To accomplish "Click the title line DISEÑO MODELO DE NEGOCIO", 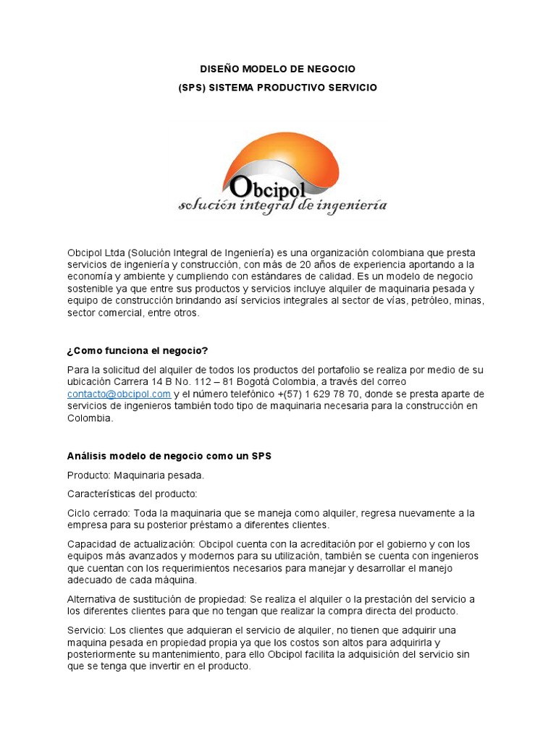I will (x=277, y=69).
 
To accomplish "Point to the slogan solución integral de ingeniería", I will (x=282, y=206).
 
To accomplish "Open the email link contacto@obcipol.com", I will (x=119, y=394).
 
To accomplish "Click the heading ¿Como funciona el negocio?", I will (x=137, y=351).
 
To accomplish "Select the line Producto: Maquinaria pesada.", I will (x=135, y=475).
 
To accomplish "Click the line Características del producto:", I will (x=132, y=494).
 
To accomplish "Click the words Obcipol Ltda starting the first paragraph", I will (x=96, y=252).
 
